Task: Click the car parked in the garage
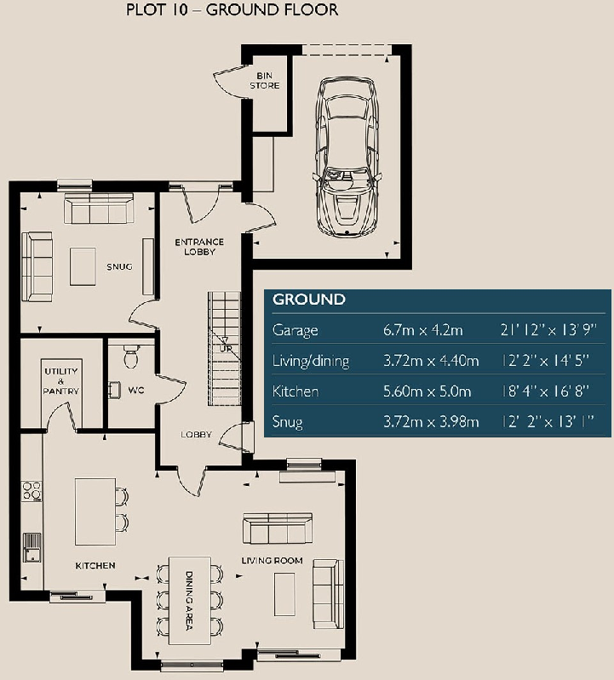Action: click(x=347, y=157)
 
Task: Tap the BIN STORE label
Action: click(x=264, y=81)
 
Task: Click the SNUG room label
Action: click(x=119, y=266)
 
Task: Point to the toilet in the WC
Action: click(x=131, y=357)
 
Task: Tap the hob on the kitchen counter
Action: click(x=32, y=491)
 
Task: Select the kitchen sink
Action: click(x=32, y=546)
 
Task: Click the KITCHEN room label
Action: click(x=95, y=565)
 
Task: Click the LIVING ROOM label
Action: click(x=273, y=560)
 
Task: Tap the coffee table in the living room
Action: click(x=284, y=593)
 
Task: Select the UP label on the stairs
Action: click(x=227, y=348)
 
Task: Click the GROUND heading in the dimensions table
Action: click(x=308, y=300)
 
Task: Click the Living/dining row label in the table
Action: click(x=311, y=361)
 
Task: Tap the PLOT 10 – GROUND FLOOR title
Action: click(x=232, y=10)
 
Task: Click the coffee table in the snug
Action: click(x=83, y=266)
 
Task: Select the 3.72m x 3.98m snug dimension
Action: click(x=431, y=422)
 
